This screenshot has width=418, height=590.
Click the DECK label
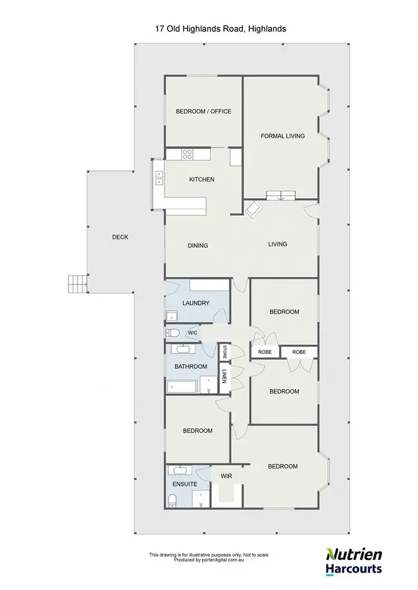(120, 237)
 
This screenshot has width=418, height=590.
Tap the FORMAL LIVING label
(283, 136)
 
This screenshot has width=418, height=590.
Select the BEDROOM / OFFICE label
(203, 111)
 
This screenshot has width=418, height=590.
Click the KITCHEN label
(202, 180)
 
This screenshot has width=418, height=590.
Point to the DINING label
(197, 245)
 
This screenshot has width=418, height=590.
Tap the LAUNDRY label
(196, 303)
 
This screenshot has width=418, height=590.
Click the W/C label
(192, 333)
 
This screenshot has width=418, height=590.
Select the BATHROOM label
(191, 366)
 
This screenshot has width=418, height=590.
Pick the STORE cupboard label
(225, 352)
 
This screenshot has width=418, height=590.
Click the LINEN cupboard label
(225, 376)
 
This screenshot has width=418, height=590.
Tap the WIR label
(226, 476)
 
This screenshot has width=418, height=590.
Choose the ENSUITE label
(184, 484)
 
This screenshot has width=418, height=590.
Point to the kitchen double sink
(158, 178)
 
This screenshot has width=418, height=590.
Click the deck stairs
(76, 284)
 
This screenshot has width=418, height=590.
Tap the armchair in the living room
(254, 209)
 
